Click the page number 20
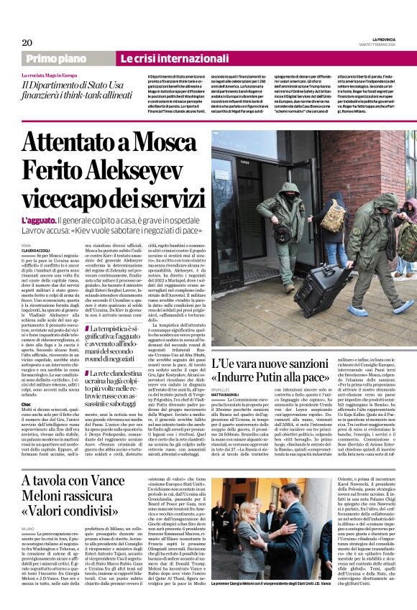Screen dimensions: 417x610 [x=26, y=42]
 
